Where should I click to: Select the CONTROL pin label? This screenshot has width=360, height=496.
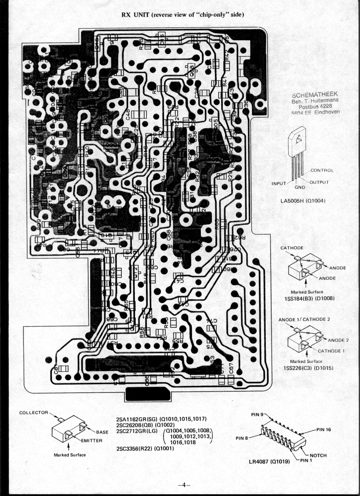[x=322, y=170]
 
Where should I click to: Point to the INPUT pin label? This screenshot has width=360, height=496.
[x=280, y=183]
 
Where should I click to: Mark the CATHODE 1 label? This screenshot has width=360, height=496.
[x=332, y=351]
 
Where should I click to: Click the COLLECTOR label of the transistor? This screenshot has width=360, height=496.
[x=33, y=412]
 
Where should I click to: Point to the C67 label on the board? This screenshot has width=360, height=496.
[x=230, y=370]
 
